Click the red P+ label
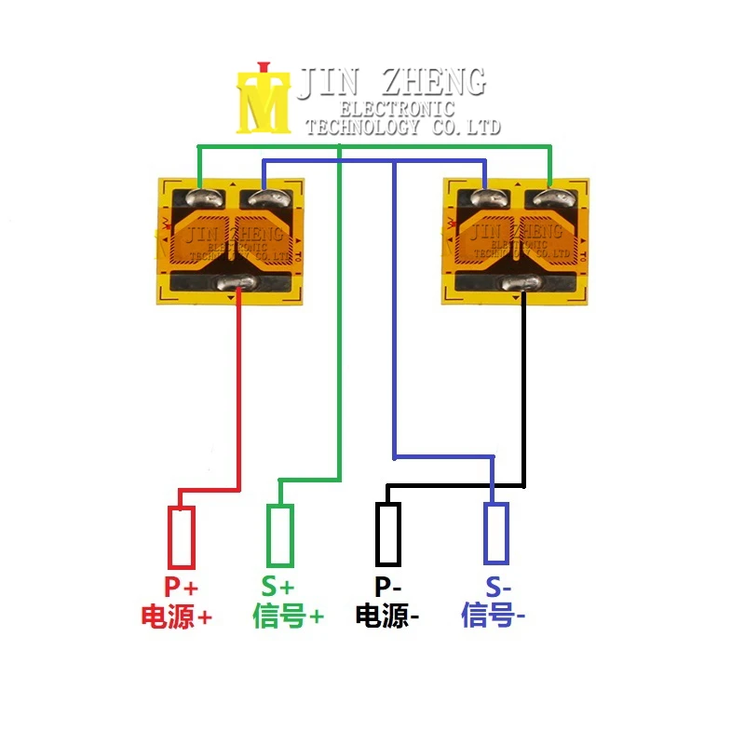[182, 588]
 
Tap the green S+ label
[278, 588]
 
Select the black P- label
[387, 588]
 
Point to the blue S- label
[498, 588]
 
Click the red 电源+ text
[177, 616]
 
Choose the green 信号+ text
[289, 616]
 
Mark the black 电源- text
[387, 616]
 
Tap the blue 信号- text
[494, 616]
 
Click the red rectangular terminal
[182, 537]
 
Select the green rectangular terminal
[280, 535]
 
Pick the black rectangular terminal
[388, 534]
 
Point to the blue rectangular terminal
[496, 534]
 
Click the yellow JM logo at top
[264, 99]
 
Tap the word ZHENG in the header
[431, 82]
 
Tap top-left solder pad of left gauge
[204, 197]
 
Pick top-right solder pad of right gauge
[549, 197]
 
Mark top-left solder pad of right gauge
[485, 197]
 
